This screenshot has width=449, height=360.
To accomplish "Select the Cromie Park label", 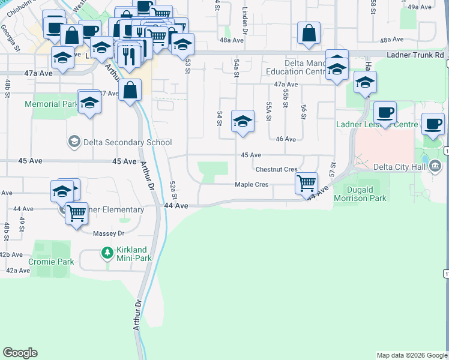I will click(51, 262).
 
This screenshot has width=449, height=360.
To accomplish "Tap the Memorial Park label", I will click(50, 104).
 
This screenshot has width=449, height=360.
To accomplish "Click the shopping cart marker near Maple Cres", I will click(307, 182).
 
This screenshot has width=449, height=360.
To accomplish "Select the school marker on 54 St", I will click(242, 121).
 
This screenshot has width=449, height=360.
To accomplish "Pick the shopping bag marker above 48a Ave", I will click(309, 34).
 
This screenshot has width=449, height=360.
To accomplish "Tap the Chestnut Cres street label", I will click(277, 170).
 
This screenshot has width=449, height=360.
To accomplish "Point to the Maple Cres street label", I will click(252, 185).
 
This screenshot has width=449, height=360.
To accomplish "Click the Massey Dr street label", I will click(109, 233).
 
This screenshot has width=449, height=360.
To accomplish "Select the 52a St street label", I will click(173, 190).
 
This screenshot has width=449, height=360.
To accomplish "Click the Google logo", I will click(20, 353).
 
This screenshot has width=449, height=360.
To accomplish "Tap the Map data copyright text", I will click(411, 355).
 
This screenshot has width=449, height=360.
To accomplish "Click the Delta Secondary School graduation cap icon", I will click(74, 142).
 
